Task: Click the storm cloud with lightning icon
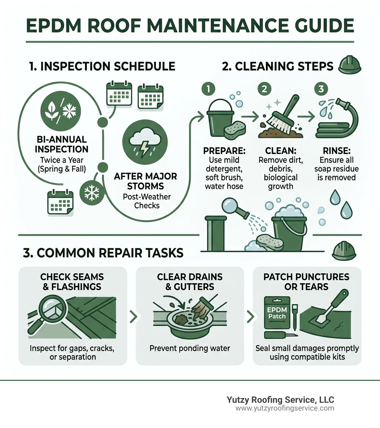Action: pyautogui.click(x=145, y=142)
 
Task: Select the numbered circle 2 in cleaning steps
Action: pyautogui.click(x=264, y=89)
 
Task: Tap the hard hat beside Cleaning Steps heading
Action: pyautogui.click(x=350, y=66)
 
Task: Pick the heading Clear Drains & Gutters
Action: pyautogui.click(x=190, y=282)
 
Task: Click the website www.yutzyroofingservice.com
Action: pyautogui.click(x=285, y=408)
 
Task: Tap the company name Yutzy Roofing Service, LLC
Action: pyautogui.click(x=280, y=400)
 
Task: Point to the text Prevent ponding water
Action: pyautogui.click(x=190, y=348)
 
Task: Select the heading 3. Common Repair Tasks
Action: pyautogui.click(x=103, y=253)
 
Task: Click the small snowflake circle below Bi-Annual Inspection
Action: pyautogui.click(x=90, y=192)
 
